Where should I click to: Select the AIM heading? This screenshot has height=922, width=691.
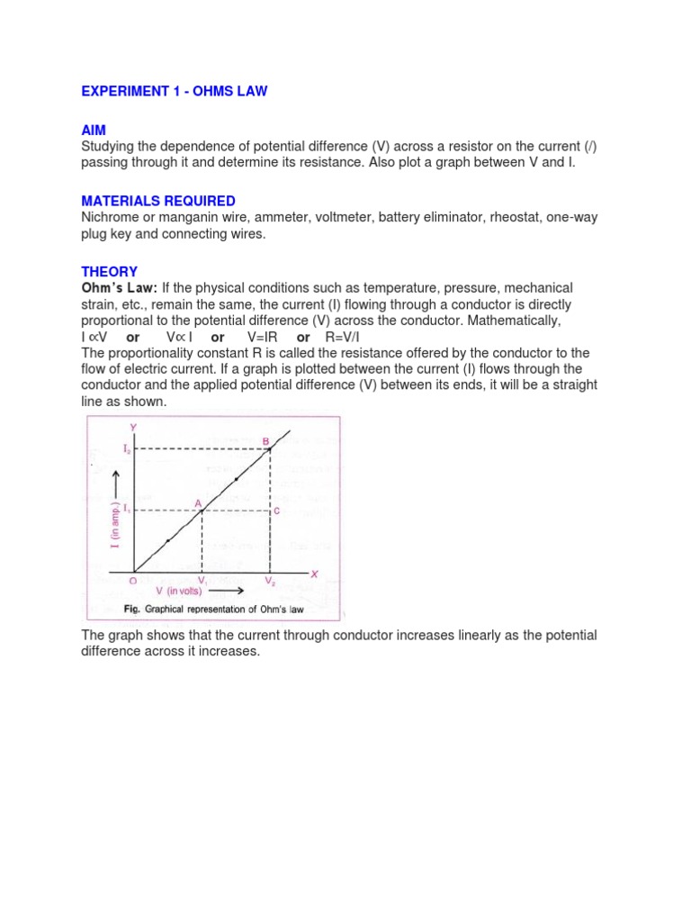pyautogui.click(x=94, y=131)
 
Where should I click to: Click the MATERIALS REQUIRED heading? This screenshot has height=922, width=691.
pyautogui.click(x=158, y=201)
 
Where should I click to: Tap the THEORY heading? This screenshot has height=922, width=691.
pyautogui.click(x=109, y=271)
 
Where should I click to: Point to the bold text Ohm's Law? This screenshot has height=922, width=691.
pyautogui.click(x=120, y=288)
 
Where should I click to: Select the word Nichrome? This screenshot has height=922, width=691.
pyautogui.click(x=112, y=217)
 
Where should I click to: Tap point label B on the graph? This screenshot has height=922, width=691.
pyautogui.click(x=266, y=441)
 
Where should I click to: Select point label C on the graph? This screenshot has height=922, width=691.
pyautogui.click(x=276, y=511)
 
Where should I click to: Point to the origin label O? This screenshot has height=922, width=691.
pyautogui.click(x=132, y=582)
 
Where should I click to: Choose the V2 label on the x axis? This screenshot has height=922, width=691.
pyautogui.click(x=271, y=582)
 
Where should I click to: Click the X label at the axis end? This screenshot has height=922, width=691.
pyautogui.click(x=314, y=573)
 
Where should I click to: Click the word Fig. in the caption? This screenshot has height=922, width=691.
pyautogui.click(x=131, y=610)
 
